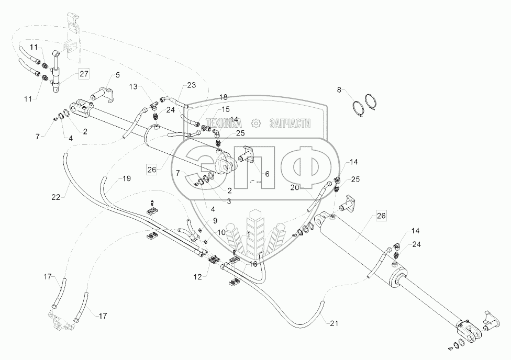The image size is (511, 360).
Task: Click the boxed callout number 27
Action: [84, 74]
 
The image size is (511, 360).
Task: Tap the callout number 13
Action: [133, 86]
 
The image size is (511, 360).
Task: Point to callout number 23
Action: [191, 86]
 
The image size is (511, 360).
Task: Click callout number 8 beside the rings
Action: [339, 91]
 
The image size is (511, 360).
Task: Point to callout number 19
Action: [126, 179]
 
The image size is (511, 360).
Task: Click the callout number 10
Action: [222, 232]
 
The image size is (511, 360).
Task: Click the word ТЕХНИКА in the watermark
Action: [227, 123]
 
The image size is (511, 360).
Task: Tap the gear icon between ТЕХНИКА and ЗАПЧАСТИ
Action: [256, 123]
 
